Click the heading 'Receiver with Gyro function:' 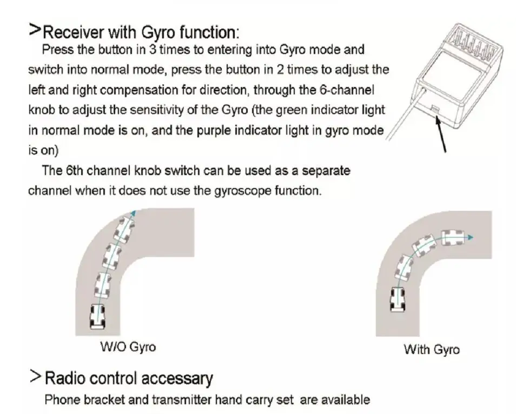(x=140, y=31)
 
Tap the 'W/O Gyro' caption (x=128, y=346)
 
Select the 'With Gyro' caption (x=431, y=349)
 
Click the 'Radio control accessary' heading (x=128, y=378)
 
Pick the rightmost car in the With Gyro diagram (x=452, y=237)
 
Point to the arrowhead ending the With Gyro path (x=471, y=237)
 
